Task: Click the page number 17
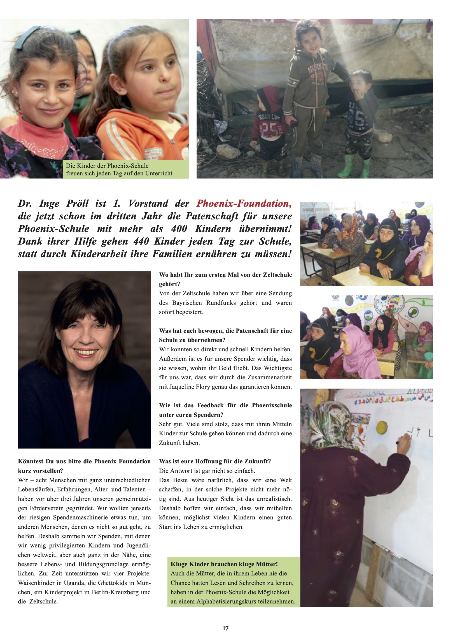[225, 628]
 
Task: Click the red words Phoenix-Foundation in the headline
[244, 203]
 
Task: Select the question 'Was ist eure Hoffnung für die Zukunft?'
[215, 461]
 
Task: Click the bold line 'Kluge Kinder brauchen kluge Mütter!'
[224, 564]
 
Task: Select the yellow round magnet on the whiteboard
[382, 427]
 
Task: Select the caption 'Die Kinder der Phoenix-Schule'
[107, 166]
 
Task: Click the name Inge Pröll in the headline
[64, 203]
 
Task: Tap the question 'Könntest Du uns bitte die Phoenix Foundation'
[84, 461]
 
